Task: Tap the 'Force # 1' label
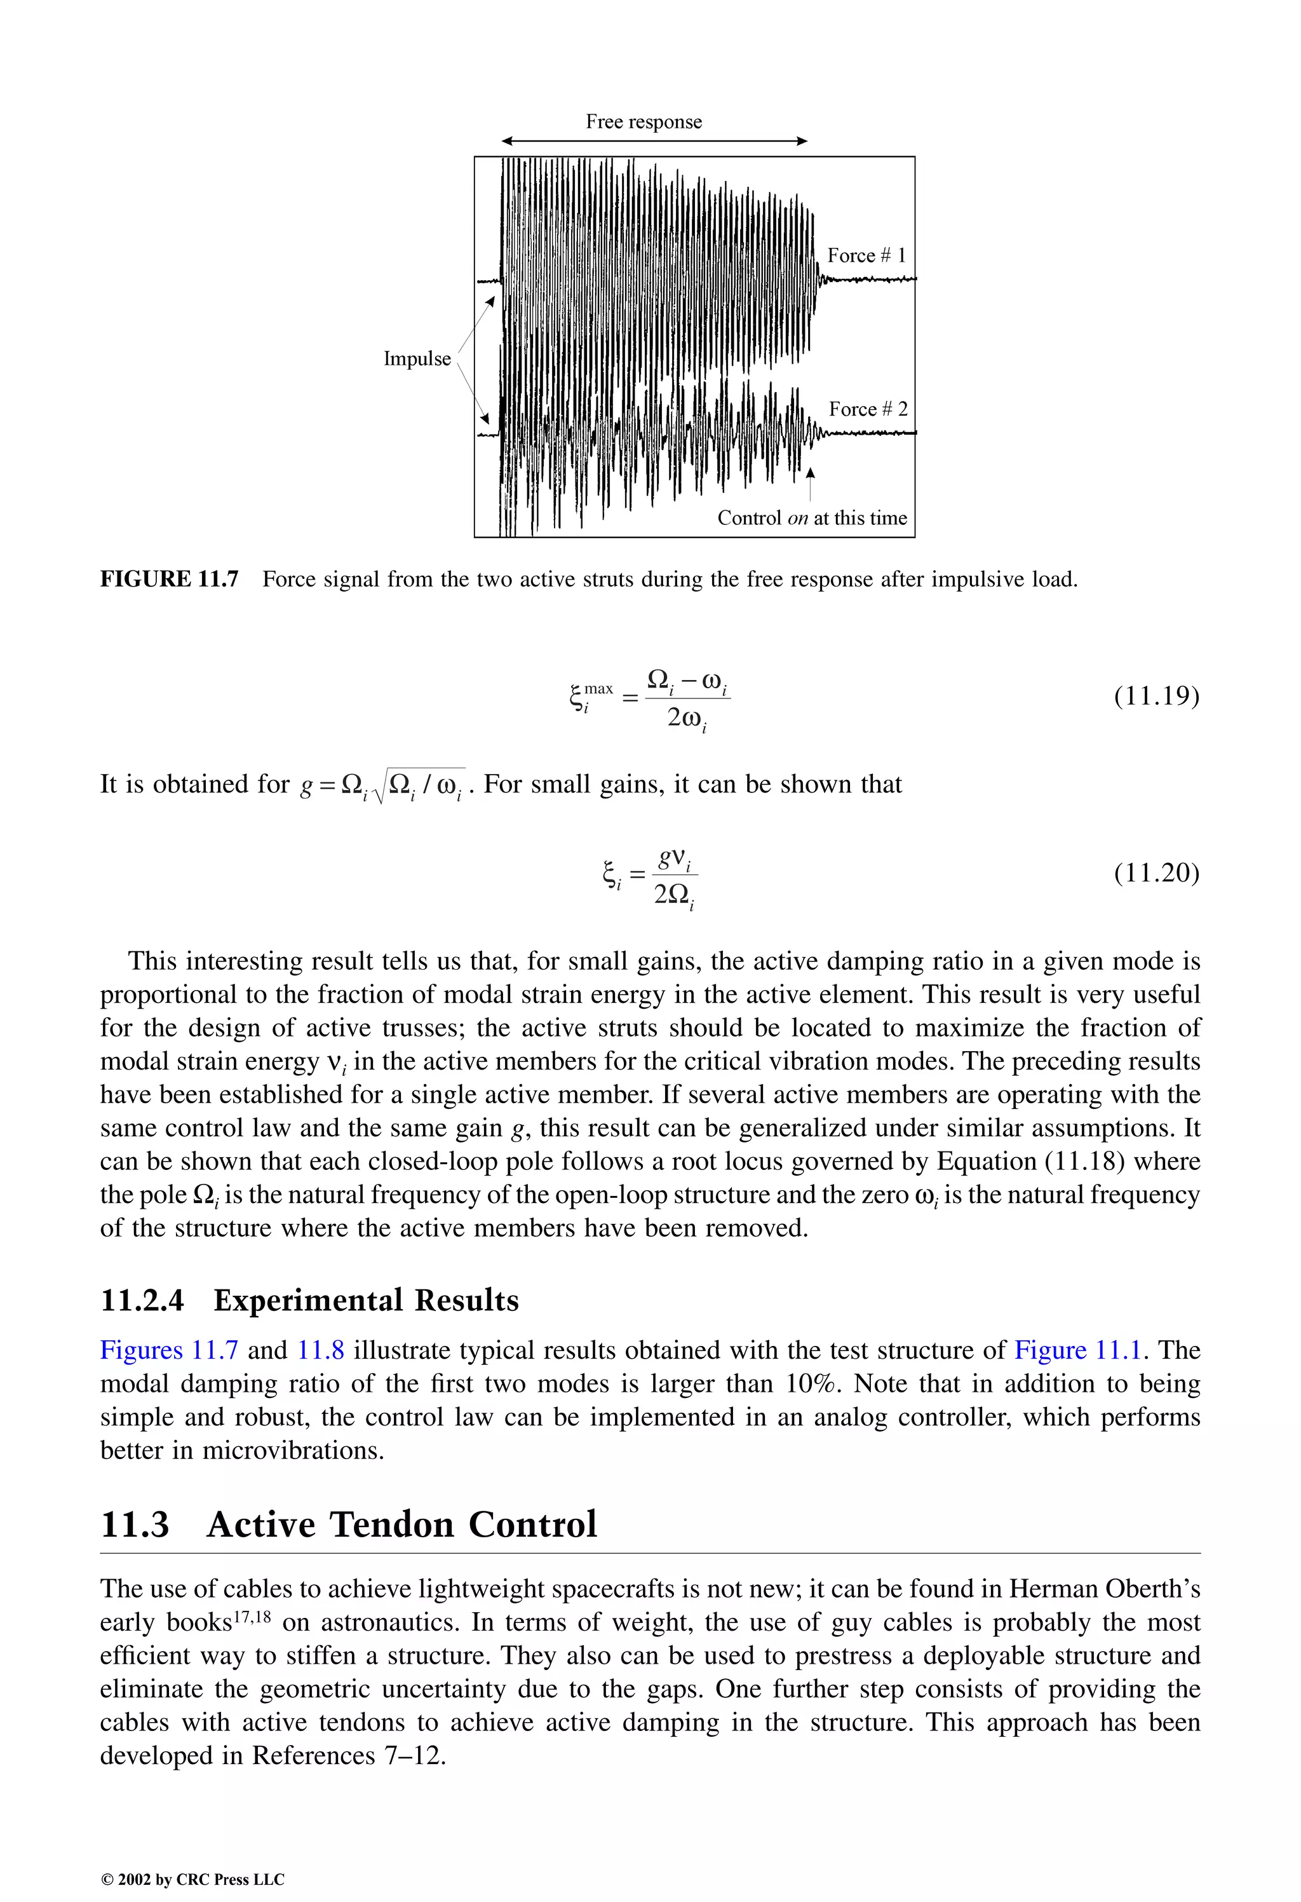pyautogui.click(x=866, y=255)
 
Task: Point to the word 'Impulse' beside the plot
pyautogui.click(x=417, y=359)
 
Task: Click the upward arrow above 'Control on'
pyautogui.click(x=810, y=484)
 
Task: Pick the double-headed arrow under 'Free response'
pyautogui.click(x=654, y=142)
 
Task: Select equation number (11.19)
pyautogui.click(x=1156, y=696)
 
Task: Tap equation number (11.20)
pyautogui.click(x=1156, y=873)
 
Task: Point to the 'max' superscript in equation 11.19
pyautogui.click(x=598, y=689)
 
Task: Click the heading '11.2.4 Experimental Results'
pyautogui.click(x=309, y=1300)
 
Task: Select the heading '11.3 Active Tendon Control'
pyautogui.click(x=349, y=1524)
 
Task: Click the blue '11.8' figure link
pyautogui.click(x=320, y=1350)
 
